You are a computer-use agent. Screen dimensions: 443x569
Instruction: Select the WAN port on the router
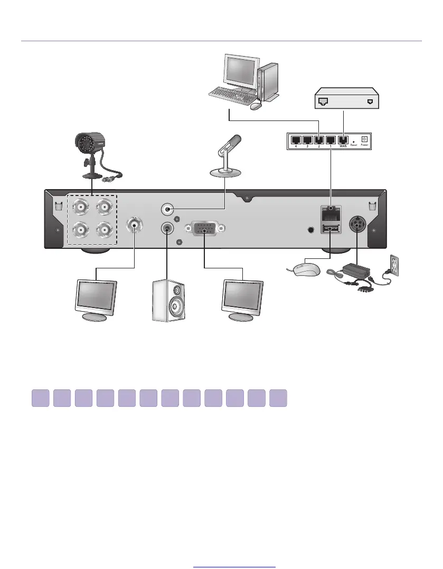tap(342, 140)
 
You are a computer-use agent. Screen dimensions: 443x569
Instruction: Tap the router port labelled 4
tap(297, 140)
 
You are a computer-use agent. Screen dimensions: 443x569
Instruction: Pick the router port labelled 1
tap(330, 140)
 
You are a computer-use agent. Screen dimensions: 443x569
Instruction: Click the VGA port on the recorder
tap(204, 229)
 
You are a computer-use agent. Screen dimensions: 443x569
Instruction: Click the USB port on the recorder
tap(331, 229)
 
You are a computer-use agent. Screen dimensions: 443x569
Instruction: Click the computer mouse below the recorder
tap(305, 269)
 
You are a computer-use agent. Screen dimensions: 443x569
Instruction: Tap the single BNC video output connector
tap(134, 226)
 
